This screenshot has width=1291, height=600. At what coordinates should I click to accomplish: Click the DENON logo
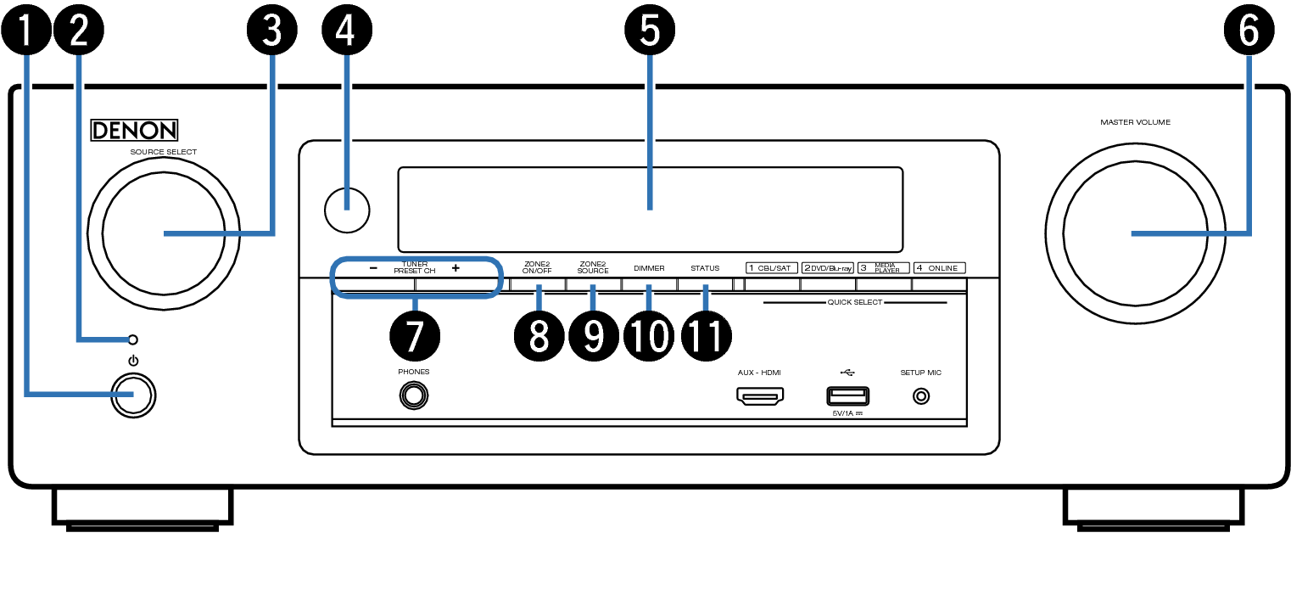click(x=134, y=130)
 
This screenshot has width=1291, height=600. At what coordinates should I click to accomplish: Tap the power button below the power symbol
click(x=133, y=395)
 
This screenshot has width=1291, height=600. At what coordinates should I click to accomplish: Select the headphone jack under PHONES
click(x=414, y=396)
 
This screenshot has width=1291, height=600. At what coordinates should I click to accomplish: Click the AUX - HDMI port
click(x=760, y=396)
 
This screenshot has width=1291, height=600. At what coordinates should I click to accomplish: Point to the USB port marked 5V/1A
click(x=847, y=396)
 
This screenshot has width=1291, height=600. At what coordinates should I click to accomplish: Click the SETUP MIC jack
click(x=921, y=396)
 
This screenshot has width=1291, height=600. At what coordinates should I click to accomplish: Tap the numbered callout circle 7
click(x=415, y=336)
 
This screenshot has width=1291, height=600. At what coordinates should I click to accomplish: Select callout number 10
click(x=649, y=336)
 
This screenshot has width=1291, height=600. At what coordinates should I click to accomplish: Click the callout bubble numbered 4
click(x=347, y=30)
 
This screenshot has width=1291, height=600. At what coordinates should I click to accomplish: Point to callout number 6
click(x=1249, y=30)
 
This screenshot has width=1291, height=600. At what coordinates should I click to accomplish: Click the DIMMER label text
click(x=649, y=268)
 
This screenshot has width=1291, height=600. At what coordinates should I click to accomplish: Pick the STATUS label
click(x=705, y=268)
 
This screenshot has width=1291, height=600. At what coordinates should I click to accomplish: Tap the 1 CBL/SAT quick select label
click(x=772, y=268)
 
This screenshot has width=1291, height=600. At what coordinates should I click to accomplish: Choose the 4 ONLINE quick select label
click(x=940, y=268)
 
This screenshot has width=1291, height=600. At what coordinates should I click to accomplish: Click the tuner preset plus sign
click(x=455, y=268)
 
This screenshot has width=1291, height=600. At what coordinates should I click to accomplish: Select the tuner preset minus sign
click(x=373, y=268)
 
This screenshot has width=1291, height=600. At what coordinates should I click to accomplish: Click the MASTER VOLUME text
click(x=1136, y=122)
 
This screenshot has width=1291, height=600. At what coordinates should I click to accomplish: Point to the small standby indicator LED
click(x=132, y=339)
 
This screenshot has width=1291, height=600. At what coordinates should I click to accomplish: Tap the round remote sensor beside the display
click(x=347, y=210)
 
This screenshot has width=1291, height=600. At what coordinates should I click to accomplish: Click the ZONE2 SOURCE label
click(x=593, y=267)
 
